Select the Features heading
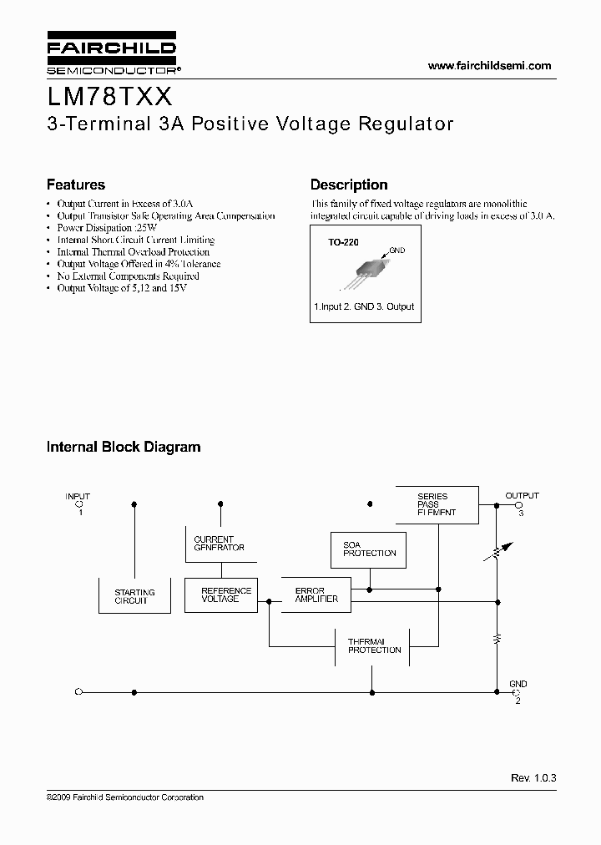pos(75,185)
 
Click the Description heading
pos(349,185)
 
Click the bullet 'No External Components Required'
pos(128,276)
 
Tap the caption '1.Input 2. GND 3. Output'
pos(364,306)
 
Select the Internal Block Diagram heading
pos(123,447)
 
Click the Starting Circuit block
pos(134,596)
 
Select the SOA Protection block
pos(369,549)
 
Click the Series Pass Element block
pos(437,504)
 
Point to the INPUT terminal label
pos(78,497)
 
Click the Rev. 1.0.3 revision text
pos(533,777)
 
